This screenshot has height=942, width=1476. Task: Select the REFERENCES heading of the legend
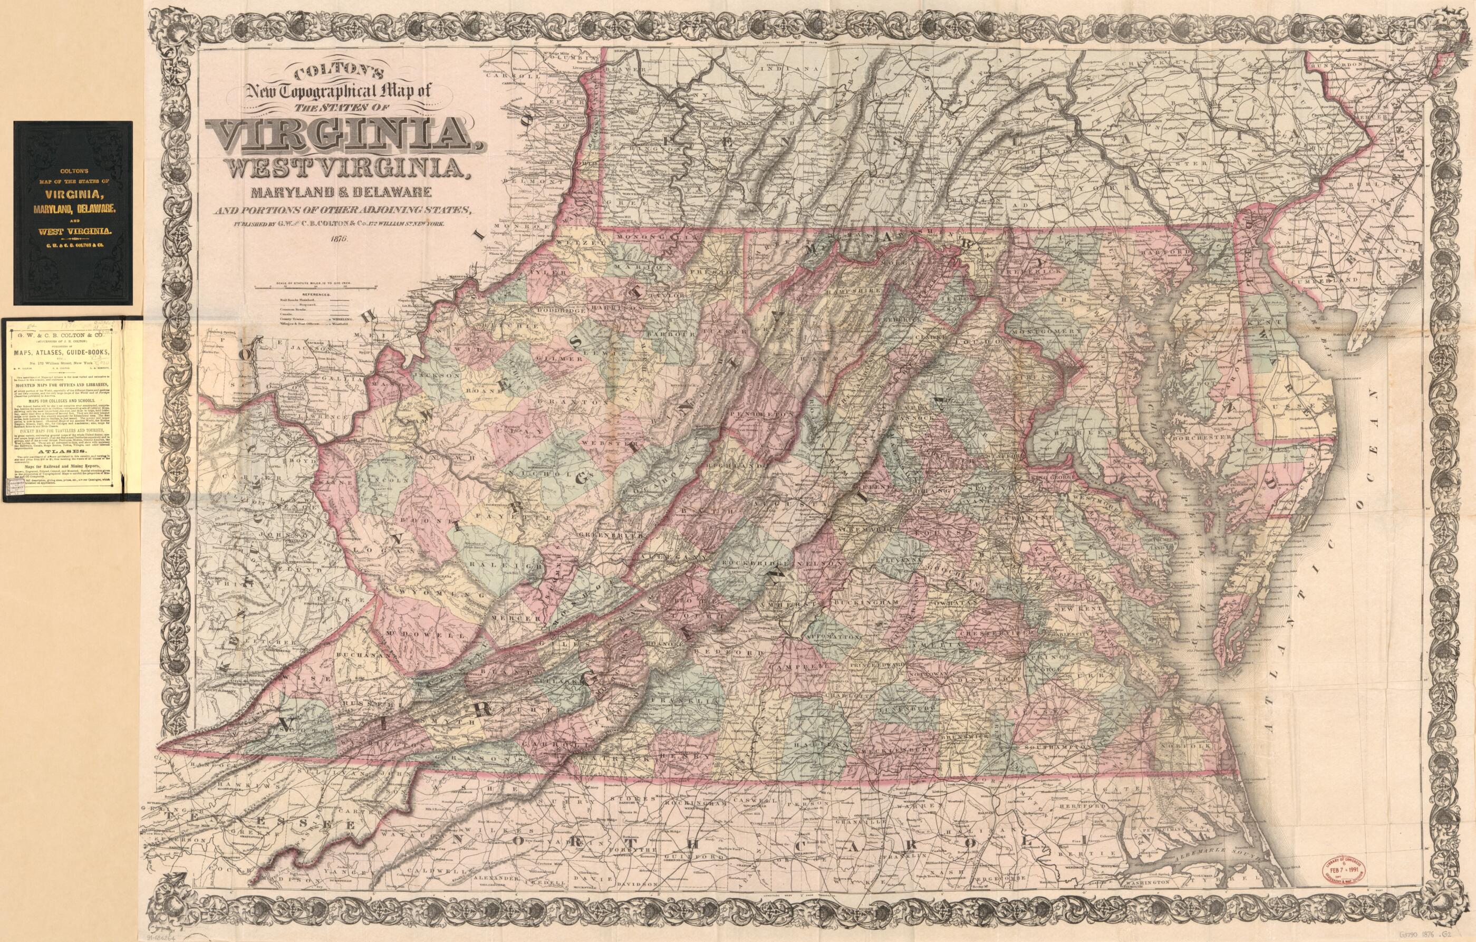click(313, 295)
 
